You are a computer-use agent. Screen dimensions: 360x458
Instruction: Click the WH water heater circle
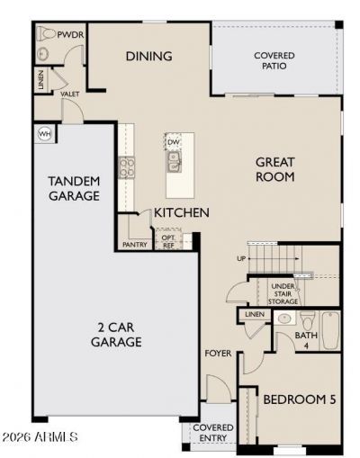(45, 134)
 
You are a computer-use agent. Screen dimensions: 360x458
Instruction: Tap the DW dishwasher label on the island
(173, 142)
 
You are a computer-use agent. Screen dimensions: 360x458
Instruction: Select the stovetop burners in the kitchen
(127, 167)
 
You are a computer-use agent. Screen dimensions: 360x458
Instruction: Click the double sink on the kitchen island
(175, 162)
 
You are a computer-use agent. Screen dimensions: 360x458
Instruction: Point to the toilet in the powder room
(46, 34)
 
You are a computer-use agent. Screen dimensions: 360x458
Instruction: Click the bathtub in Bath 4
(330, 330)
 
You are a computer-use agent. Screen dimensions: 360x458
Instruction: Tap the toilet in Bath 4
(308, 320)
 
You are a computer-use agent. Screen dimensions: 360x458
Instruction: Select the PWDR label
(70, 35)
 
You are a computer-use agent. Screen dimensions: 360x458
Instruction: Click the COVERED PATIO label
(274, 60)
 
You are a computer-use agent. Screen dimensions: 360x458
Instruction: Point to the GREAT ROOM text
(274, 169)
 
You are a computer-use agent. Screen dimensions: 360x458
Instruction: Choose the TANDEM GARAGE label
(74, 188)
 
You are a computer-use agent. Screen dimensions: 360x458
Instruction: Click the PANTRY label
(135, 245)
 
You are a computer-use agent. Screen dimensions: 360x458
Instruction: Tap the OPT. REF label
(168, 241)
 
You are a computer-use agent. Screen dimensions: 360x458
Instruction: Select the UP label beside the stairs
(241, 258)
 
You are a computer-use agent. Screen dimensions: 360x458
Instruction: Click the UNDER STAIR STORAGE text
(283, 293)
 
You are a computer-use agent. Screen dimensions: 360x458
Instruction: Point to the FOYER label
(218, 354)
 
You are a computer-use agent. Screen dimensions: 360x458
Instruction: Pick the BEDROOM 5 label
(300, 400)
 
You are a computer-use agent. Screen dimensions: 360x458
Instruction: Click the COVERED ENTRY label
(213, 433)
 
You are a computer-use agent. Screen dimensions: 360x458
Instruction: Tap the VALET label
(70, 94)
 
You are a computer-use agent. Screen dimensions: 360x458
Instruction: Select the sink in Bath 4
(284, 319)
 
